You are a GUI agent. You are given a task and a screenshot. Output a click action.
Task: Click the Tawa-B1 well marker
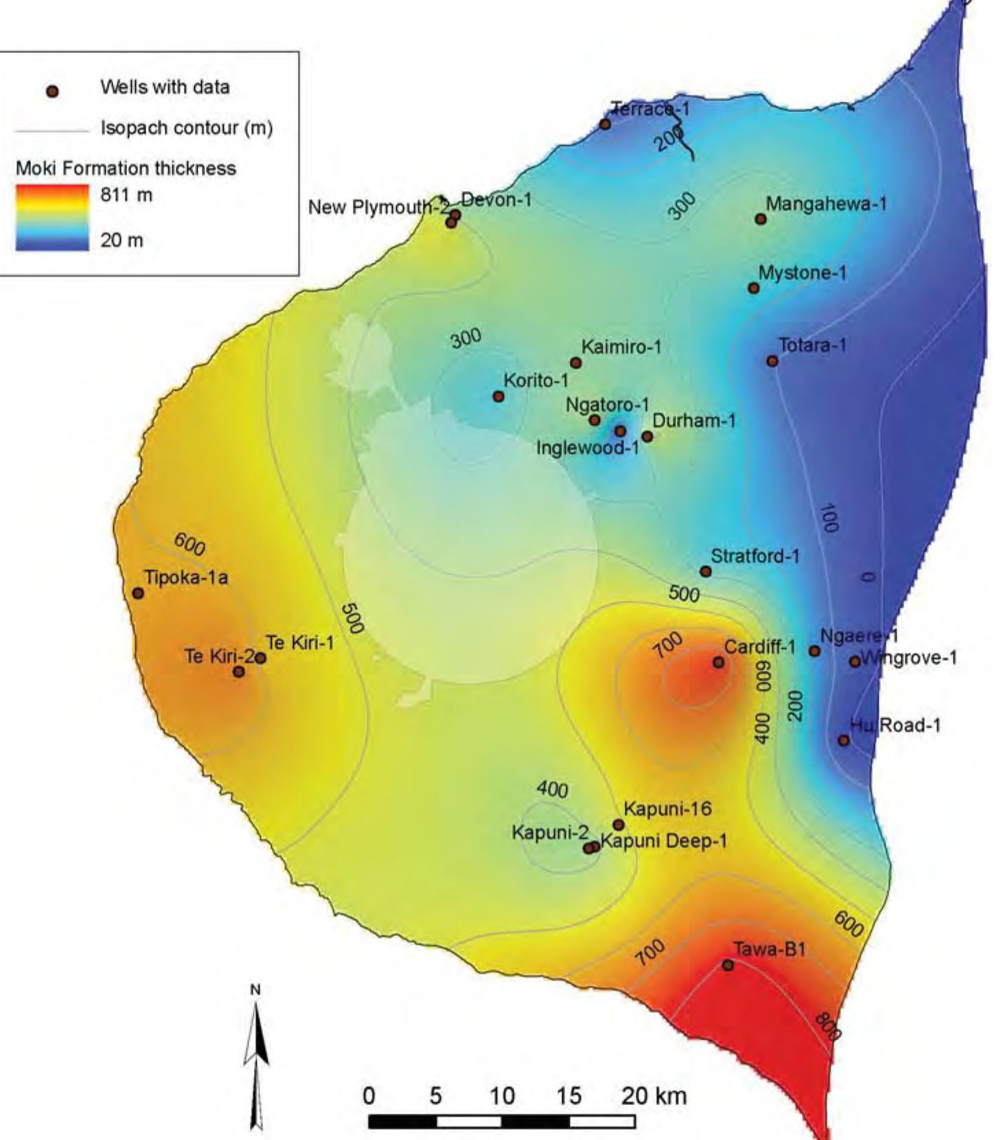point(728,965)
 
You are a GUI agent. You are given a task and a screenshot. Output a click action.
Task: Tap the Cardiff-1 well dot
point(718,662)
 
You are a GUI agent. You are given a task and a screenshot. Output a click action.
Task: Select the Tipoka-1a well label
point(186,578)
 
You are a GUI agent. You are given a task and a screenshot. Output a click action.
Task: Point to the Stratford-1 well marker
point(705,571)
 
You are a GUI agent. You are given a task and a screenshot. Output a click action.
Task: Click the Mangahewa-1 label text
point(826,204)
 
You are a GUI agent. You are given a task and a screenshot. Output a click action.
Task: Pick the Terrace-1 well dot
point(605,124)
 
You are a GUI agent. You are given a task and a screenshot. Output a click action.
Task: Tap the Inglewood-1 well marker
point(620,431)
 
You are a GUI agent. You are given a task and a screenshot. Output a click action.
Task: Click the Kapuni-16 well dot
point(618,825)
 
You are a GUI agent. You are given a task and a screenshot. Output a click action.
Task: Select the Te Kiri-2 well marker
point(238,671)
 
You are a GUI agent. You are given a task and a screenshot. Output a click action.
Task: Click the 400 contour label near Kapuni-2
point(553,790)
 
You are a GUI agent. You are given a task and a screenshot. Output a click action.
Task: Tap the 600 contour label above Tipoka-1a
point(189,544)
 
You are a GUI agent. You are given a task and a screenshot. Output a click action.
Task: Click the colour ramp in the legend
point(52,218)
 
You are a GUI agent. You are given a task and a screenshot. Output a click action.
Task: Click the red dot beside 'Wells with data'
point(52,91)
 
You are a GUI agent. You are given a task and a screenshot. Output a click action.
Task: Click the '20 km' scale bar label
point(654,1095)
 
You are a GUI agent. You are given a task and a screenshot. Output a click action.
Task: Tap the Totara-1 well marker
point(772,361)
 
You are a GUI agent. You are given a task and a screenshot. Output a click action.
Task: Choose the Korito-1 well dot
point(498,396)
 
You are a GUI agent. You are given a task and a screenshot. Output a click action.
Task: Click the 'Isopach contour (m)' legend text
point(187,128)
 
